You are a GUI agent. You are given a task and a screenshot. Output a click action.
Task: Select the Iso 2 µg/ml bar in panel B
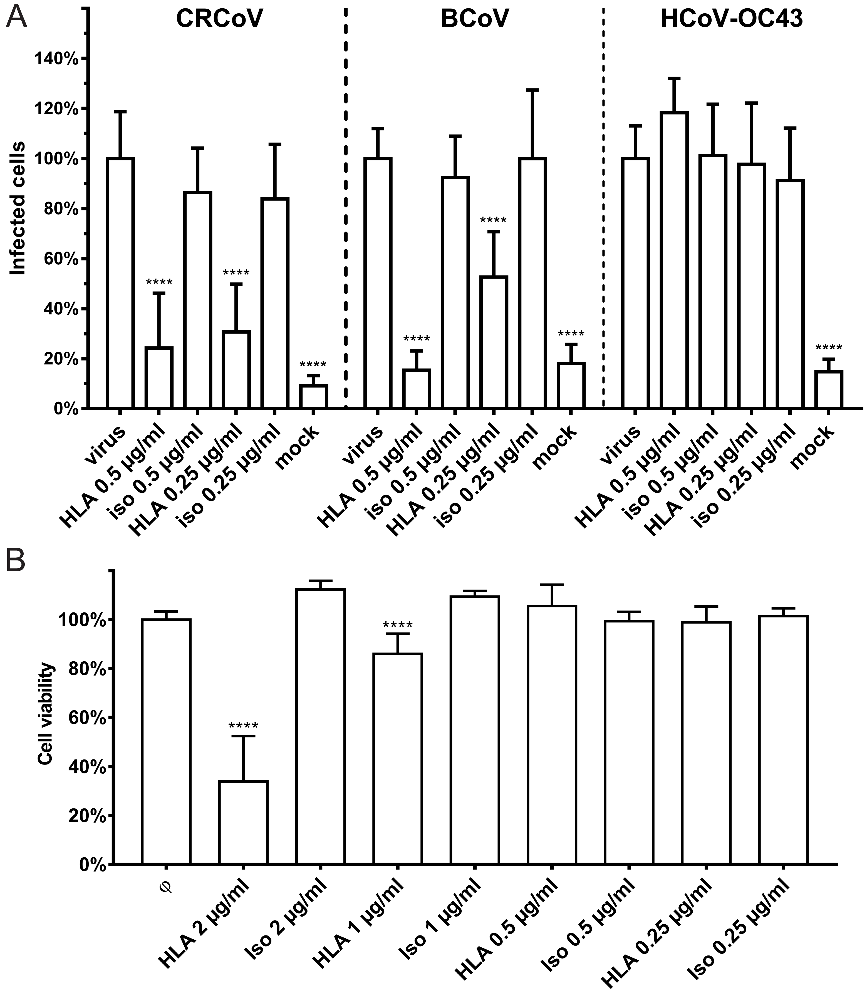(x=321, y=726)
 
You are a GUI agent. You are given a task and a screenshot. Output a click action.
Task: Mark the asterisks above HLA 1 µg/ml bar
(x=398, y=625)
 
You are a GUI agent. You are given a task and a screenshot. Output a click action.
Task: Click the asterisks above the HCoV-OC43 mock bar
(x=829, y=348)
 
